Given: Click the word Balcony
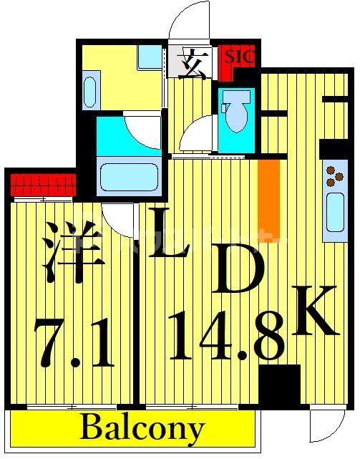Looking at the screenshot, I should point(142,429).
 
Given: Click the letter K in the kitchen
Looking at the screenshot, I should point(313,309).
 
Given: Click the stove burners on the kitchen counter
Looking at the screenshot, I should point(333,179).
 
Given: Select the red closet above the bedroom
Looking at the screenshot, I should point(43,184).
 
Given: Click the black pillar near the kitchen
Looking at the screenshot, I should point(280,386).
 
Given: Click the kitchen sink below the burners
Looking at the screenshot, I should point(334,215).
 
